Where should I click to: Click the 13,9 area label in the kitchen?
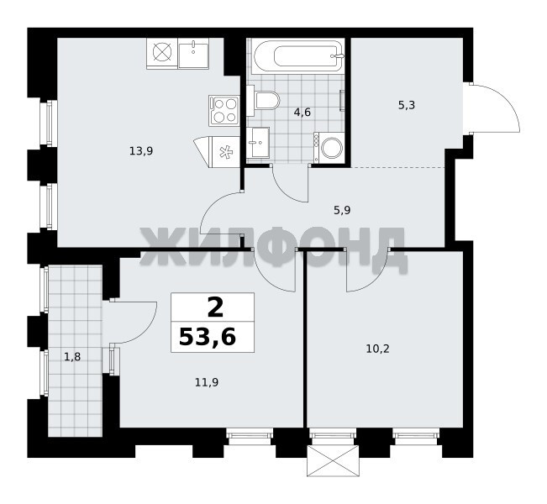(141, 151)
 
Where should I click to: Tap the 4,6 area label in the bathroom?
(302, 113)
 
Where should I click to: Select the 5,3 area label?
(407, 105)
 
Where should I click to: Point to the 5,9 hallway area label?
(342, 210)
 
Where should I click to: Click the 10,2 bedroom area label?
(377, 349)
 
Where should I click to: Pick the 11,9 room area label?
(207, 383)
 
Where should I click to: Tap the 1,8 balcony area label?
(72, 357)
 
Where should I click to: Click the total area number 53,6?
(208, 338)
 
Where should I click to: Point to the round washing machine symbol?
(331, 148)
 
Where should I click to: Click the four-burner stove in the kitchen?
(224, 110)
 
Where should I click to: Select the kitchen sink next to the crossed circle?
(193, 53)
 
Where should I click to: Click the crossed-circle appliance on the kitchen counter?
(162, 53)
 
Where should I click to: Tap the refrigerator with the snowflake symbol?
(217, 152)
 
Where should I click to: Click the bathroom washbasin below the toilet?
(258, 142)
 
